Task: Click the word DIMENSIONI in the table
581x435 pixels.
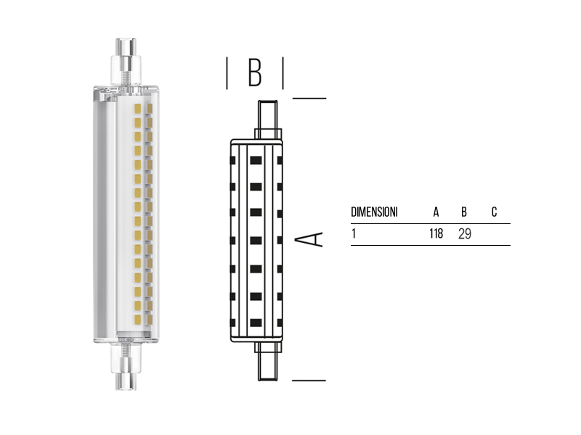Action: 374,212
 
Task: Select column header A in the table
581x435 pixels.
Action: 436,212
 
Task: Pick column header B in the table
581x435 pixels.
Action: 464,212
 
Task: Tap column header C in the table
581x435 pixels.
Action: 494,212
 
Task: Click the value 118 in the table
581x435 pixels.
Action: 436,234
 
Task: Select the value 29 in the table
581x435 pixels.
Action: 465,234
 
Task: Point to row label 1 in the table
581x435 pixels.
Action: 354,234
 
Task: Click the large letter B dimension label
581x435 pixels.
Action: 254,72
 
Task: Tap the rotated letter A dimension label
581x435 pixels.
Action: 312,239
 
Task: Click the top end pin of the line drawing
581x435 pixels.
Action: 267,115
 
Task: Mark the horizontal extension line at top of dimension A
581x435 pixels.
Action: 309,98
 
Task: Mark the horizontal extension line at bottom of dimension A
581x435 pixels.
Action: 309,379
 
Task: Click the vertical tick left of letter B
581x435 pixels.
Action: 227,73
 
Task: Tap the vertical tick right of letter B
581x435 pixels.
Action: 283,73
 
